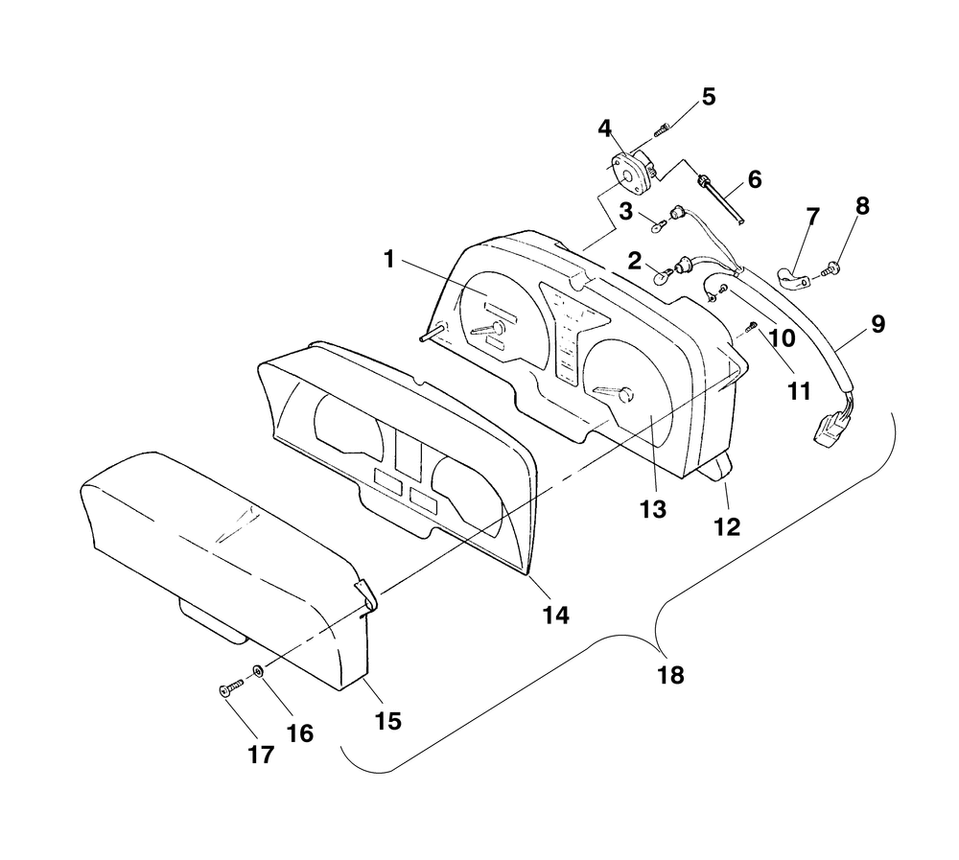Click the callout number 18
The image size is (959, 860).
tap(671, 675)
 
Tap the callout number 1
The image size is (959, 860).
tap(388, 258)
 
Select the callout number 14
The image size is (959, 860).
tap(556, 616)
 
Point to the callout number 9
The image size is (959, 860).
tap(877, 324)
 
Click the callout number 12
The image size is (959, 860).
tap(728, 525)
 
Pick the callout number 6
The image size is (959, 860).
tap(754, 179)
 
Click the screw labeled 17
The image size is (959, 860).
tap(229, 687)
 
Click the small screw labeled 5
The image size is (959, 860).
tap(662, 128)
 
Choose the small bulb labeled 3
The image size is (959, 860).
tap(656, 228)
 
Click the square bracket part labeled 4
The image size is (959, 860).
tap(629, 171)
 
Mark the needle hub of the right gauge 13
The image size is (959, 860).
tap(626, 394)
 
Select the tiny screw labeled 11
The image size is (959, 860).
tap(752, 329)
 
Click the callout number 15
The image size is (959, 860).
tap(388, 719)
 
